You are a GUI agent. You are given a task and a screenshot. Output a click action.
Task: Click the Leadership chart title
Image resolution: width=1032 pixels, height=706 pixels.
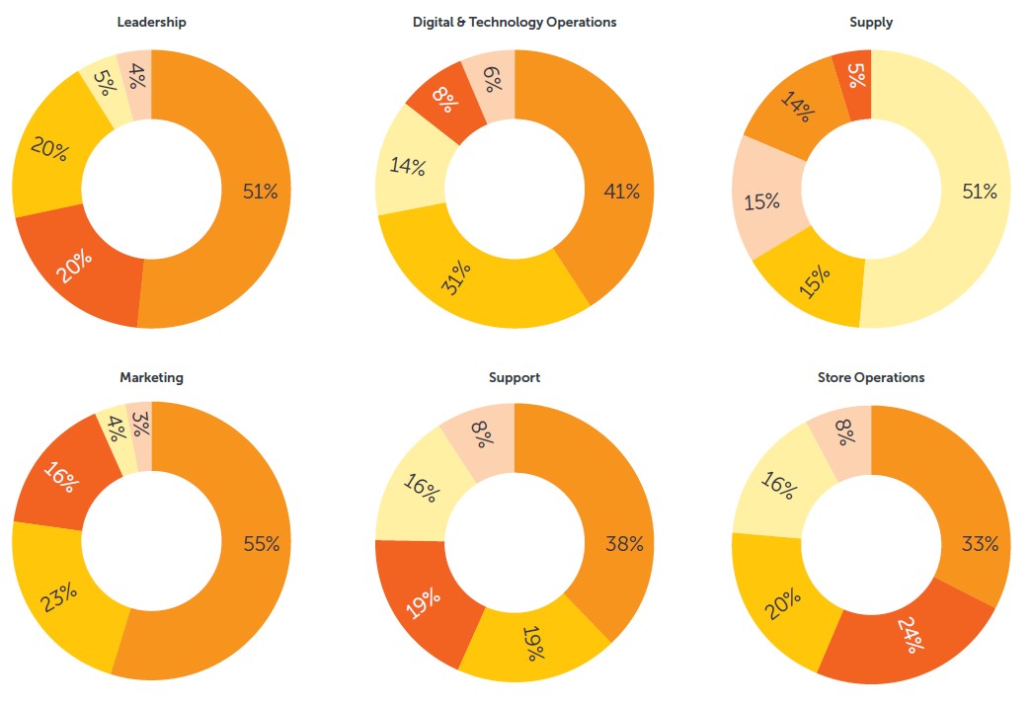point(151,22)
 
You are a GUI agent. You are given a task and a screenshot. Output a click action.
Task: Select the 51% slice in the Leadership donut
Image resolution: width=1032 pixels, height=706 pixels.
point(260,192)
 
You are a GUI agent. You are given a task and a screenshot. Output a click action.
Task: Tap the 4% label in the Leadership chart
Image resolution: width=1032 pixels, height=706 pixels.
point(137,75)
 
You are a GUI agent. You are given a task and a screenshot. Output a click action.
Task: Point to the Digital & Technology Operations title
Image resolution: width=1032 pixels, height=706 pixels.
point(515,22)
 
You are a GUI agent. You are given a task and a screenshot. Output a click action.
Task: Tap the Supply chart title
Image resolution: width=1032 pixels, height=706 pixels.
point(871,22)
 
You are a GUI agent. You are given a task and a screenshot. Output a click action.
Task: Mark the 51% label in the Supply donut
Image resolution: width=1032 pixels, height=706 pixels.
point(980,192)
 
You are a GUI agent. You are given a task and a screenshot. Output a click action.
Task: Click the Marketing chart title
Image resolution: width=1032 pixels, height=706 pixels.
point(151,377)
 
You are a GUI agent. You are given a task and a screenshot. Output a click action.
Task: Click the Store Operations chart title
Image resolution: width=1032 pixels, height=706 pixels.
point(871,377)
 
